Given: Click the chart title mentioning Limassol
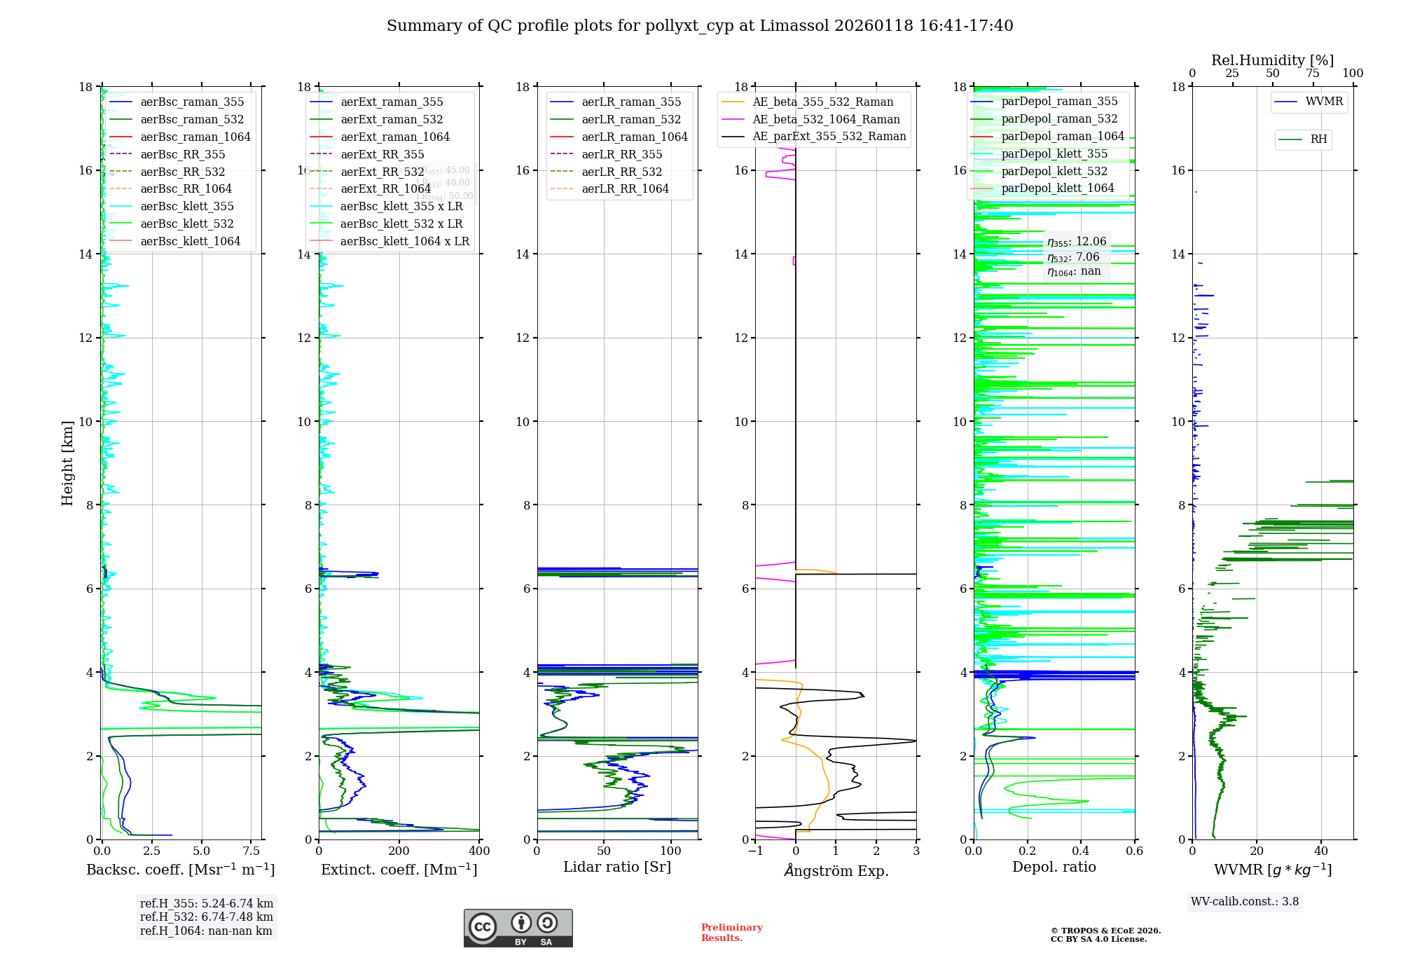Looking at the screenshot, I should coord(700,26).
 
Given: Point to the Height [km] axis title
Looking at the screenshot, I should coord(67,462).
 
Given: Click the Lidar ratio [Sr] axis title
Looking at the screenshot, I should coord(617,868).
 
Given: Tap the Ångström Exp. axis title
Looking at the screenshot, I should coord(836,871).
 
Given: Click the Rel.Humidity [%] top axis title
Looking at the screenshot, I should coord(1272,60).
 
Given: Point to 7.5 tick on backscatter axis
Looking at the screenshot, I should coord(251,851).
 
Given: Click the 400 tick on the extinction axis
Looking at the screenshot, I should coord(479,851).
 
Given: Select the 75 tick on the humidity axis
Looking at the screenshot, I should coord(1313,74).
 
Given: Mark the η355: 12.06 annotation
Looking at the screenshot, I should coord(1077,242).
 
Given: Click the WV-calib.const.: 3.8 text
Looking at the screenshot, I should coord(1245,902).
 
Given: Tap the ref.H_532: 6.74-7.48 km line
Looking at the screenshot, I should coord(206,917).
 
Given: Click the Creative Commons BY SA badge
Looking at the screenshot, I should coord(518,928).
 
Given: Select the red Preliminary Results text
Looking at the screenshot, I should coord(731,933).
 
